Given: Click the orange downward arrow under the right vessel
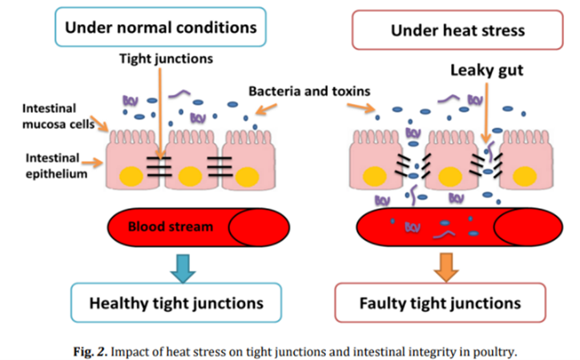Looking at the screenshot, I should tap(449, 265).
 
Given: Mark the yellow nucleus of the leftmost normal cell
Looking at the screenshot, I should tap(130, 174).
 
